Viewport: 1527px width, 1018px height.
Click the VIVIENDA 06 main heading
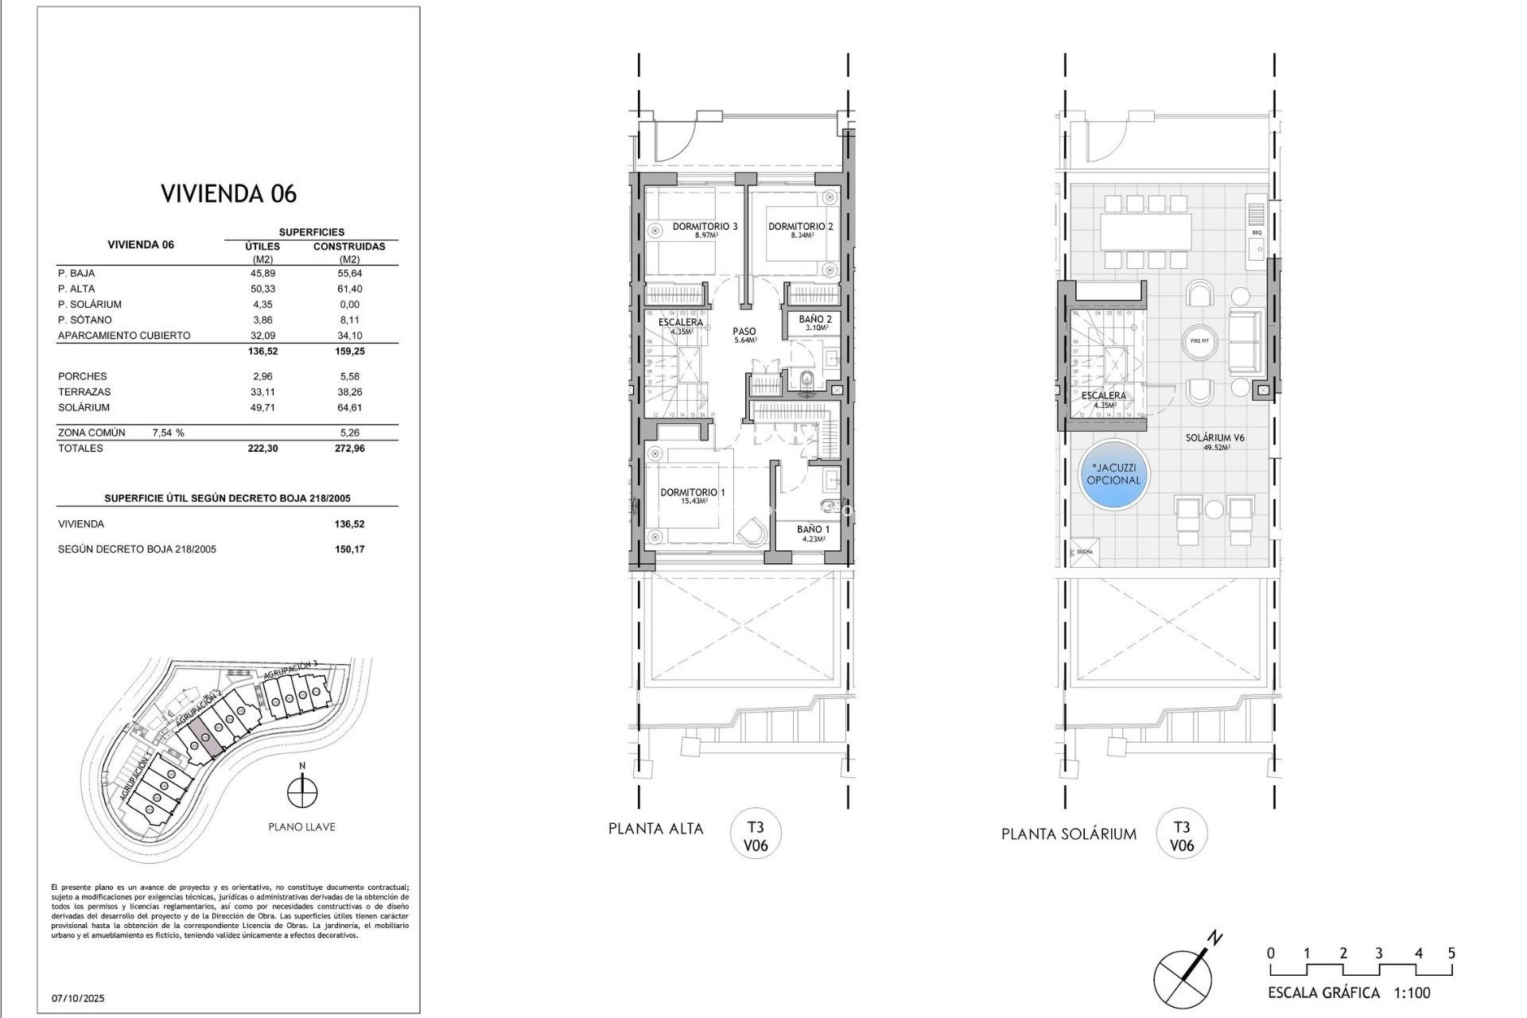[228, 193]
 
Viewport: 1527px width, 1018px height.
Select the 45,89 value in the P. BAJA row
[262, 273]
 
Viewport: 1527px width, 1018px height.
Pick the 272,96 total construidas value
[349, 449]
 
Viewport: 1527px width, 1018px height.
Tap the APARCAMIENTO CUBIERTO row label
[124, 336]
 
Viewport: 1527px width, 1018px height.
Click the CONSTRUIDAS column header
[349, 247]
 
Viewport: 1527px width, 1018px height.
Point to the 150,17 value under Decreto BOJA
[349, 550]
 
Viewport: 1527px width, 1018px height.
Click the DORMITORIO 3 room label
[705, 227]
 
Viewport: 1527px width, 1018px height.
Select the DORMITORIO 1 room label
[692, 493]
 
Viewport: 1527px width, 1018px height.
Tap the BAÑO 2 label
[815, 320]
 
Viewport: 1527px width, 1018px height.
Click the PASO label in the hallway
[744, 332]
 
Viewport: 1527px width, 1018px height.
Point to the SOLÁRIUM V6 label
[1214, 438]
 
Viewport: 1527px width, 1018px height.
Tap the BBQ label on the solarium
[1257, 233]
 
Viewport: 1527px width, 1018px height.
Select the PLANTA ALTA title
[655, 829]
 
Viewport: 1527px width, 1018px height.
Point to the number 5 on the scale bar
[1451, 954]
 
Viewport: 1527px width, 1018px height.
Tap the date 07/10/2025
[78, 998]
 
